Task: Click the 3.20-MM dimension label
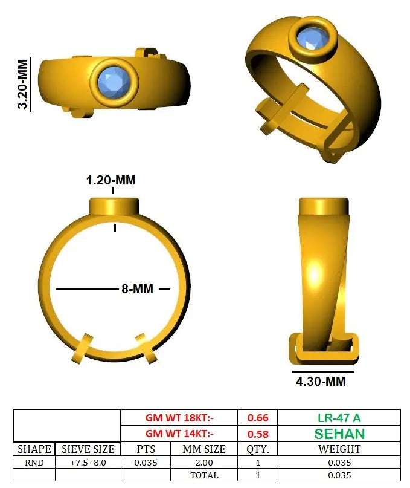tap(22, 84)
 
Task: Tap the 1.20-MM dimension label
tap(111, 180)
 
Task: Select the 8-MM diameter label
tap(138, 289)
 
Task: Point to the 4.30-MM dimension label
tap(321, 381)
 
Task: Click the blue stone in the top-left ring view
tap(114, 82)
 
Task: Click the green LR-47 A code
tap(339, 418)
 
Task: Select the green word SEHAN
tap(339, 434)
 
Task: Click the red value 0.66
tap(258, 418)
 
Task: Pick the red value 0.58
tap(258, 434)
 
